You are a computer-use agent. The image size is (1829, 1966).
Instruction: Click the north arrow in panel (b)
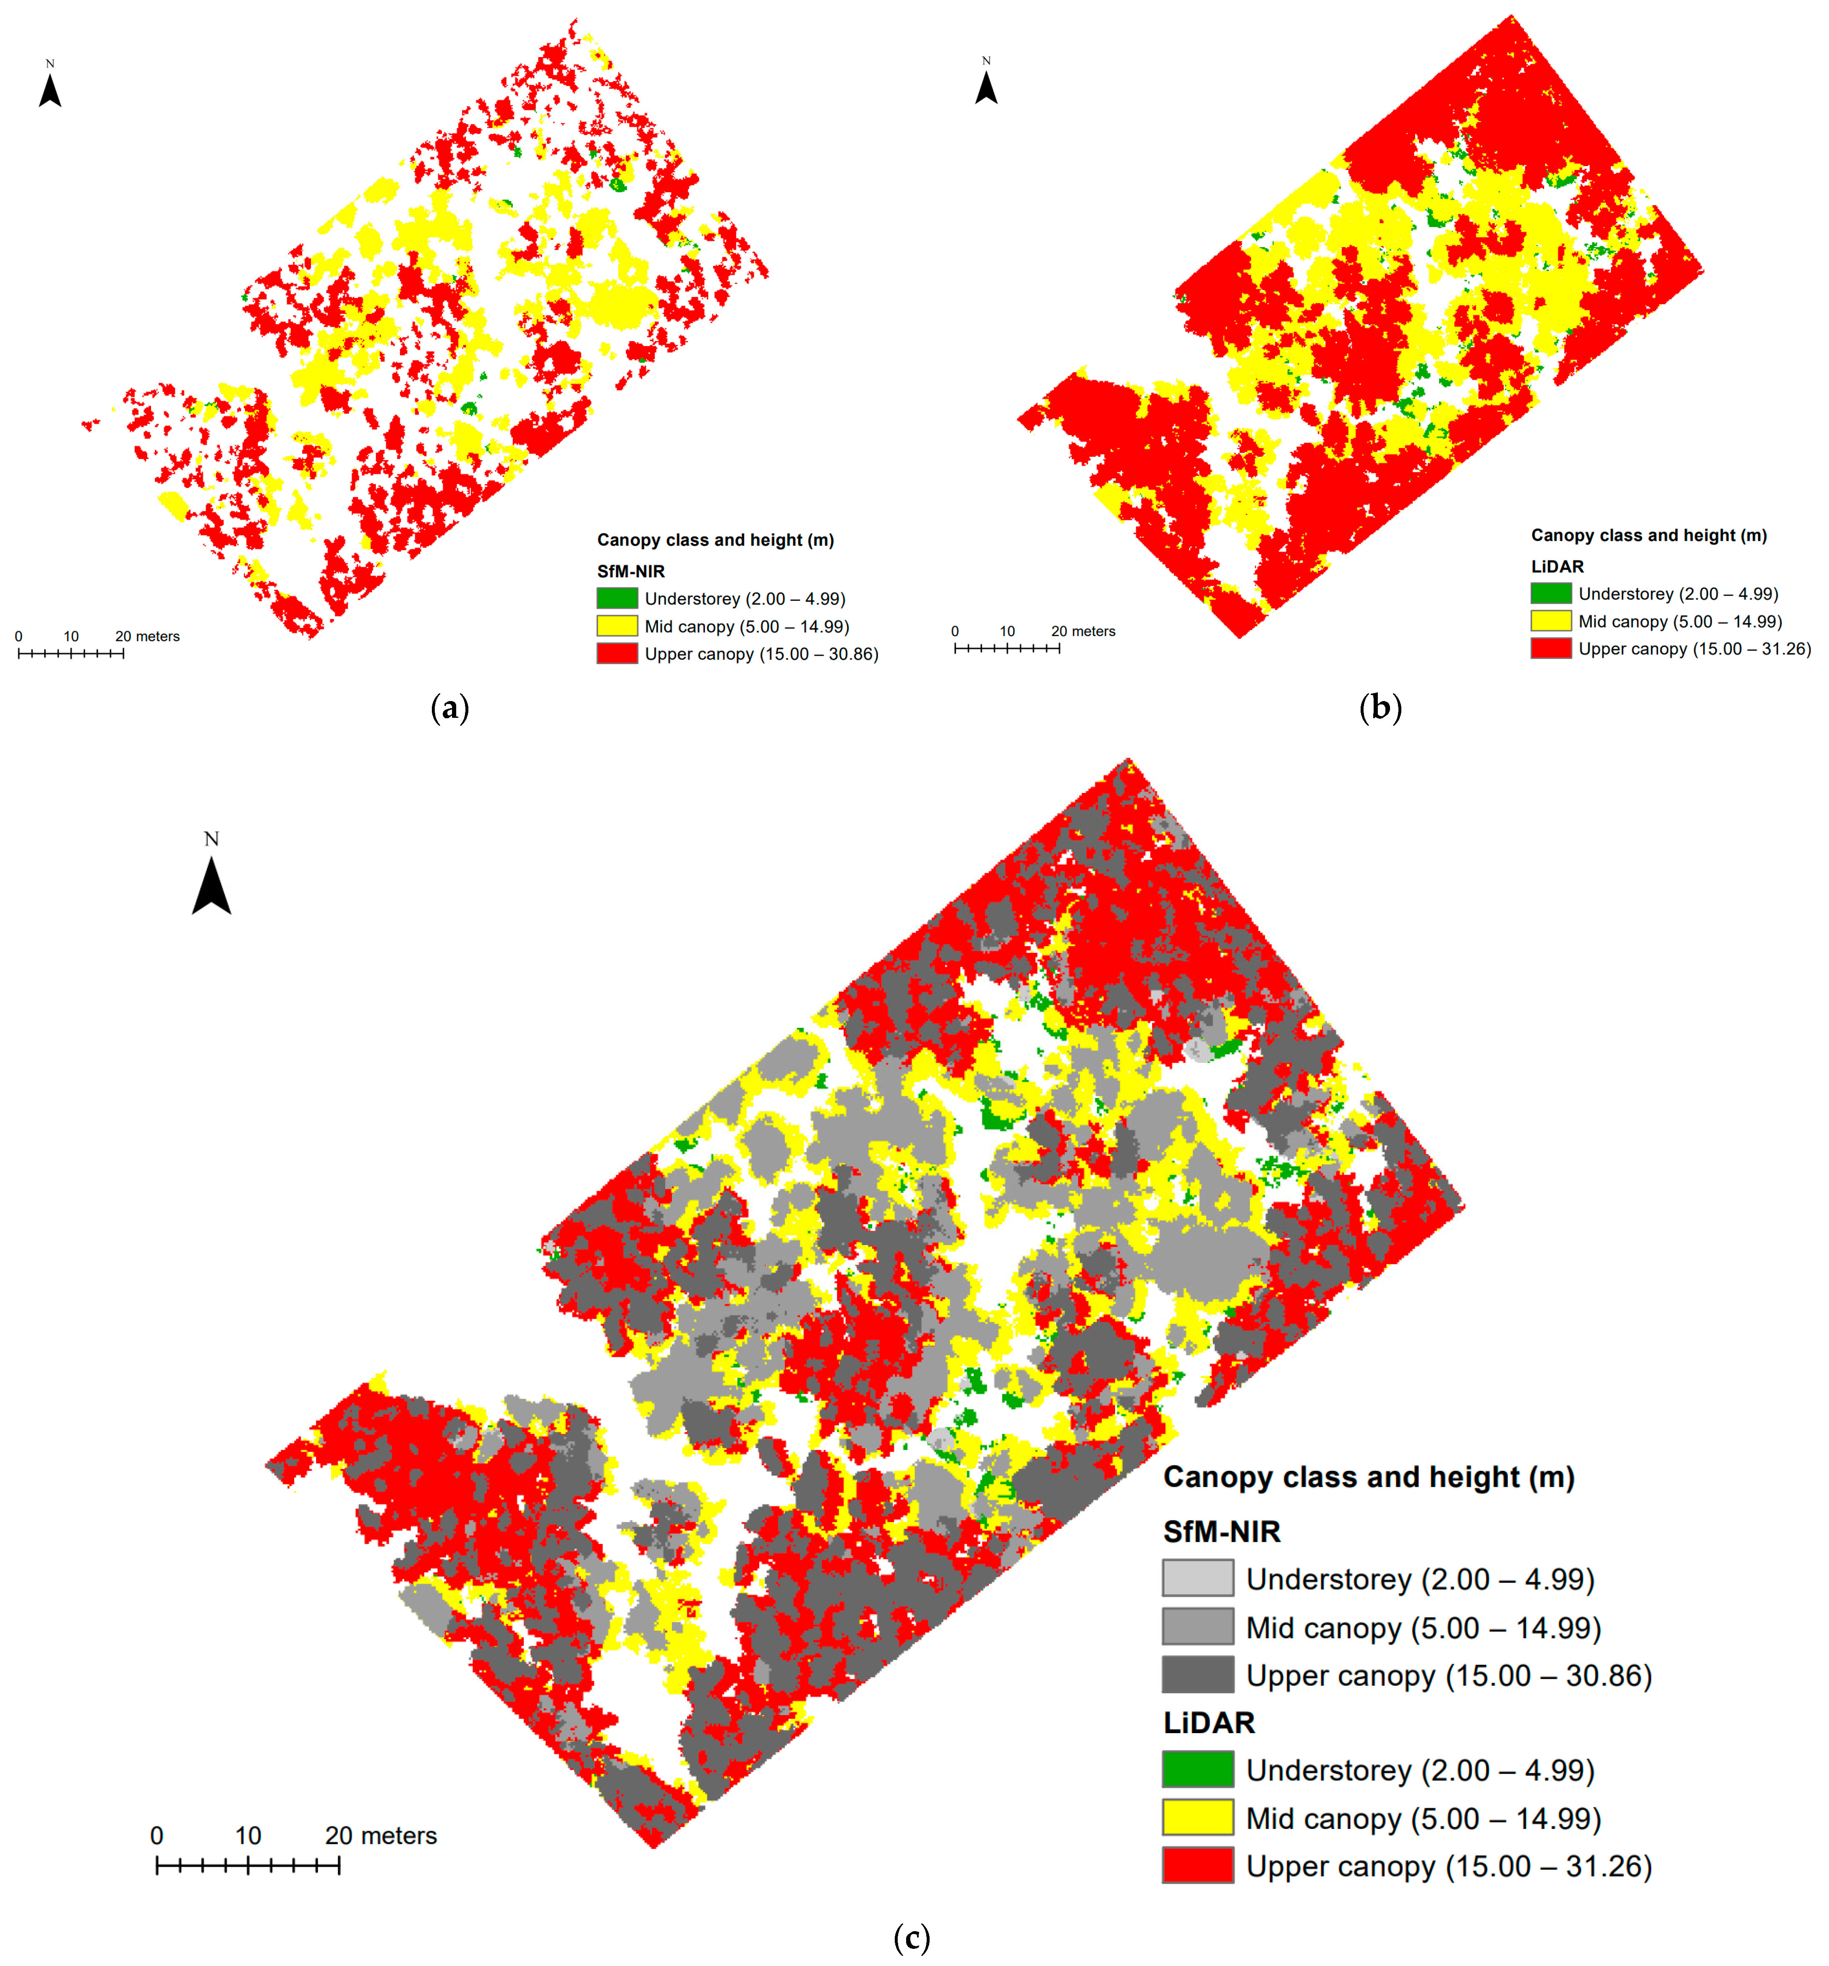986,87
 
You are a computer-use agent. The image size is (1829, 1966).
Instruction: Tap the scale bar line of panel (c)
247,1865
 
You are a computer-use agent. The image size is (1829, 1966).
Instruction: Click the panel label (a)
450,708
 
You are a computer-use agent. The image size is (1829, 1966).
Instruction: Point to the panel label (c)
911,1937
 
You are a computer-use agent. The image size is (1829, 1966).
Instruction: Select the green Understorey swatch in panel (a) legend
616,598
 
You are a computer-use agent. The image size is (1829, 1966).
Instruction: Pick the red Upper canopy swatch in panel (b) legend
1550,649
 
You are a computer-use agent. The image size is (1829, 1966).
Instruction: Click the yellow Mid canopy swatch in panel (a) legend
616,626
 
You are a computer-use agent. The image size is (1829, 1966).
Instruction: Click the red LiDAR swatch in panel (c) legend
1197,1865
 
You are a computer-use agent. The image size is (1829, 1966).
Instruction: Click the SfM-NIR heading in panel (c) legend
1222,1531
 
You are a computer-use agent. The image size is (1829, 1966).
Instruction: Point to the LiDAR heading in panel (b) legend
1557,567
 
